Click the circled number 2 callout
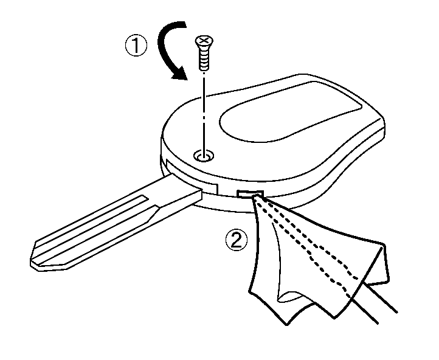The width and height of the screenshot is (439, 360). pyautogui.click(x=237, y=240)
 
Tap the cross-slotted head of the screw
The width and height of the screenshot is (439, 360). pyautogui.click(x=204, y=41)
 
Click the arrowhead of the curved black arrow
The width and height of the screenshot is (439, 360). pyautogui.click(x=178, y=74)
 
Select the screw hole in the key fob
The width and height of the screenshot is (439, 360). pyautogui.click(x=204, y=155)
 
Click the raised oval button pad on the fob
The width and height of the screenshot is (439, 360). pyautogui.click(x=290, y=112)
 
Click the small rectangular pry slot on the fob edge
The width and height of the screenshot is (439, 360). pyautogui.click(x=250, y=193)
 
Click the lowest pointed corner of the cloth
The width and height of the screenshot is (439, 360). pyautogui.click(x=287, y=324)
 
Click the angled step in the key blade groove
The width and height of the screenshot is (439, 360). pyautogui.click(x=153, y=213)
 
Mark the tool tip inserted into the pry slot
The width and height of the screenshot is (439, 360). pyautogui.click(x=255, y=198)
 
